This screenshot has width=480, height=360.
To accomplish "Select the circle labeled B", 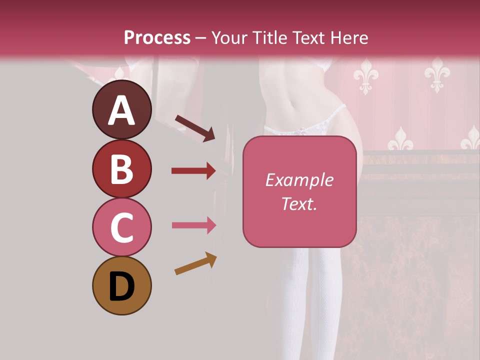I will coord(121,168).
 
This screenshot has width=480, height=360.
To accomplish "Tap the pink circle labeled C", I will coord(121,227).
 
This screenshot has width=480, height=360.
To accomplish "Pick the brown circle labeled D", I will coord(121,285).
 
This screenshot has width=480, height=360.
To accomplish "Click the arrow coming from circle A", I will coord(194,128).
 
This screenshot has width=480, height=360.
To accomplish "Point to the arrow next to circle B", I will coord(193,171).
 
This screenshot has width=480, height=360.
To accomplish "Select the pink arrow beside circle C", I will coord(193,225).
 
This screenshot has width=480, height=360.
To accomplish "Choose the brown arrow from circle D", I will coord(195,263).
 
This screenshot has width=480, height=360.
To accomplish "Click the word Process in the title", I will coord(157,37).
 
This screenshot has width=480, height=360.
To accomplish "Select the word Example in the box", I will coord(299,180).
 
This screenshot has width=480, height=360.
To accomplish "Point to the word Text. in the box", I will coord(299,203).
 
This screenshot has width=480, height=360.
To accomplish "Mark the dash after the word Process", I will coord(201,38).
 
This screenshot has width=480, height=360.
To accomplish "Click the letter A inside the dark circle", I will coord(121,110).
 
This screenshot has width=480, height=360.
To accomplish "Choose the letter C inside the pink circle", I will coord(121,227).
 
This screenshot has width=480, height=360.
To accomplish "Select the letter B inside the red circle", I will coord(121,169).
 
